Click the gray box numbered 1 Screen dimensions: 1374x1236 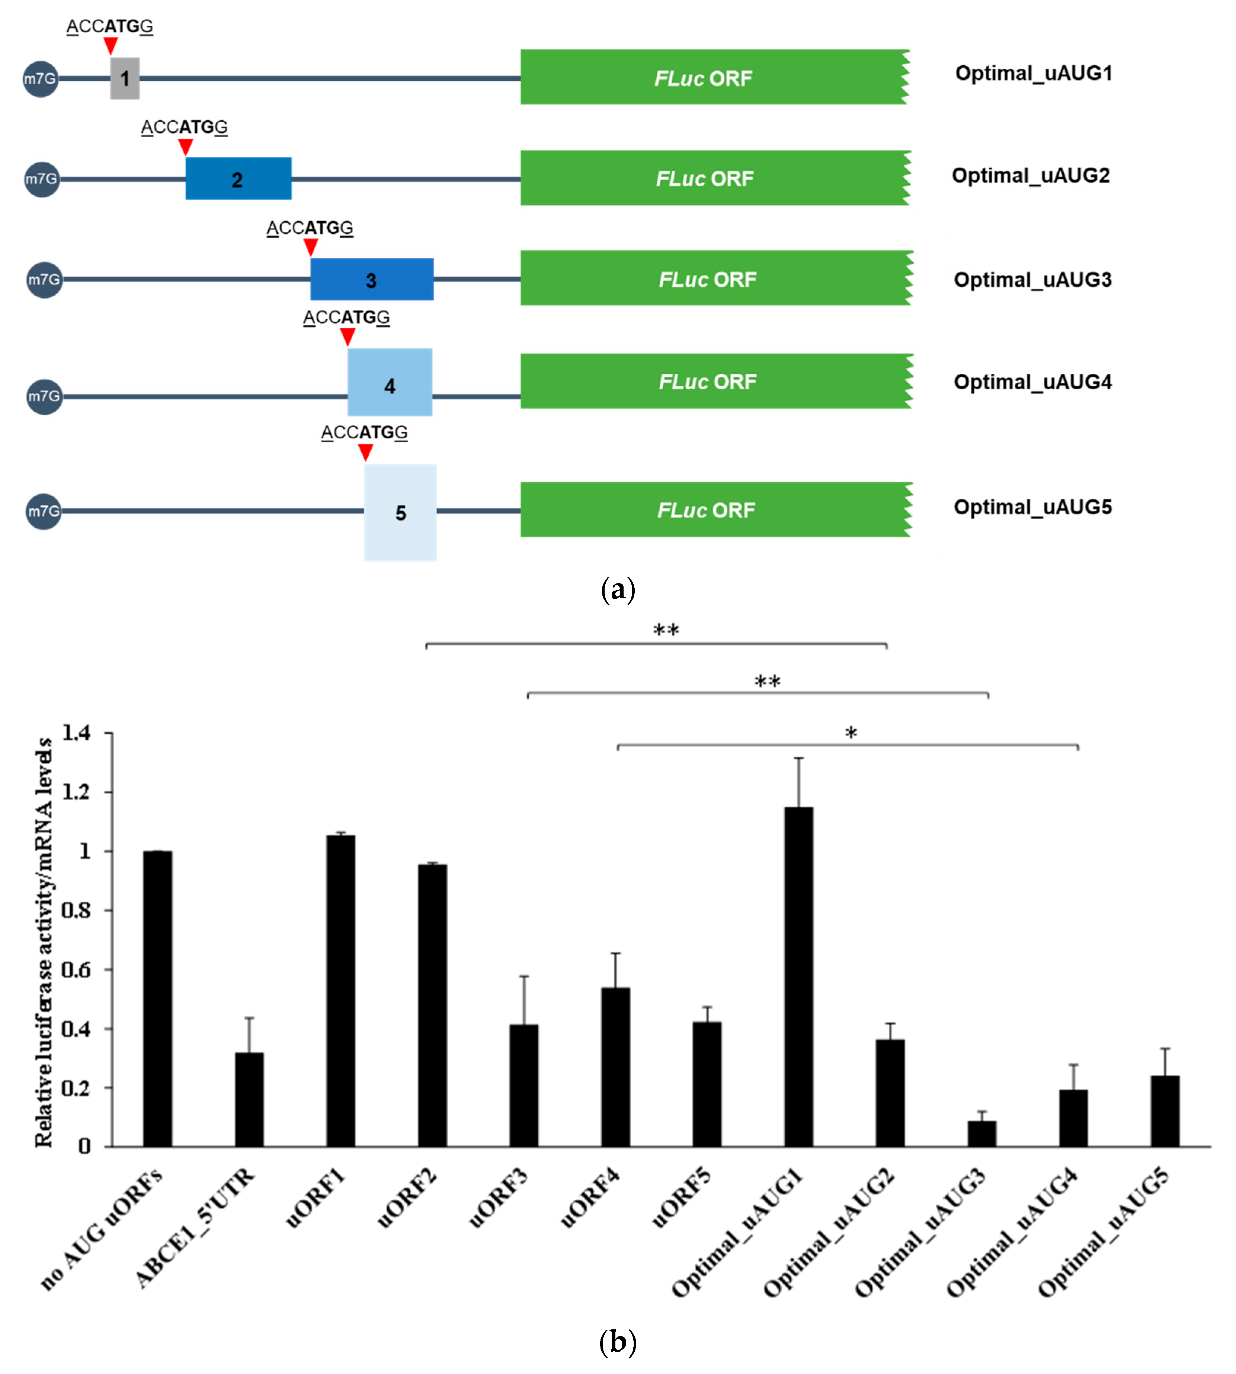(x=125, y=79)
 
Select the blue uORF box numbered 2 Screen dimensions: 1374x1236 (x=238, y=178)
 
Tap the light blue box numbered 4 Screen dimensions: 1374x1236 (x=390, y=382)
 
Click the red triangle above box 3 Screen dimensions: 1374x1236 (x=310, y=247)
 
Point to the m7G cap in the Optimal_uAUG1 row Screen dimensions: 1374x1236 (x=41, y=79)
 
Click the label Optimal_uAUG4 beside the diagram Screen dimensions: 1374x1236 (x=1032, y=382)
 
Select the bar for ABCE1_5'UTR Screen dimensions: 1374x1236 (x=249, y=1100)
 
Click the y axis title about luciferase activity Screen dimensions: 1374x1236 (x=44, y=944)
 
